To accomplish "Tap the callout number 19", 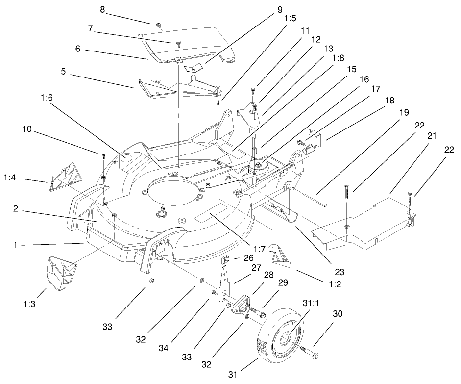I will pyautogui.click(x=404, y=112).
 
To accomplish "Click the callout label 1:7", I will pyautogui.click(x=260, y=249).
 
